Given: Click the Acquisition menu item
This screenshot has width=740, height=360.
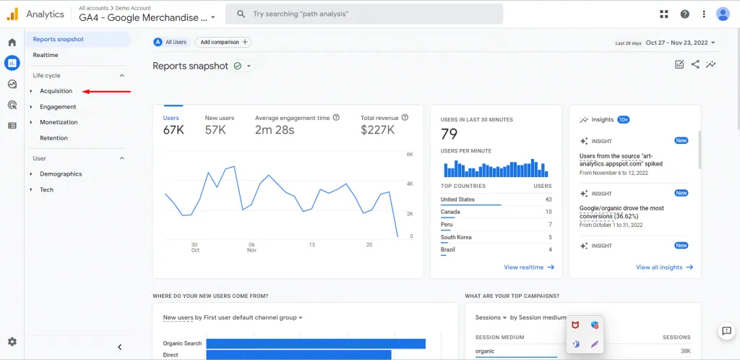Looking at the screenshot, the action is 56,91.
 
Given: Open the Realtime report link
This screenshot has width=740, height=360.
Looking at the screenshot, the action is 46,55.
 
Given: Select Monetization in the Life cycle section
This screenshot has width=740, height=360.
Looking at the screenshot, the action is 59,122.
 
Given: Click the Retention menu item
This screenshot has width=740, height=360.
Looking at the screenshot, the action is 53,138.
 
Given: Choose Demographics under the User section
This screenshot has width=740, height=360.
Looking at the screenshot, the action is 61,174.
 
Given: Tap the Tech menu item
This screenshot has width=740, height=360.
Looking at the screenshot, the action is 47,189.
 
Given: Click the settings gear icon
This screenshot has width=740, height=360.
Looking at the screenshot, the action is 12,342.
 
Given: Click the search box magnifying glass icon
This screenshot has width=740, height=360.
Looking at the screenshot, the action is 241,14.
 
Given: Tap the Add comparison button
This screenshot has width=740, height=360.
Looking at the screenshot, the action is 223,42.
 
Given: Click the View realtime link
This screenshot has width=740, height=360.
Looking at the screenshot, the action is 529,267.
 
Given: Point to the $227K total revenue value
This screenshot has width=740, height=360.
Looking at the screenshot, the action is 377,130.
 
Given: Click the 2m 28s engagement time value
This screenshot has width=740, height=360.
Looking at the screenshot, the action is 275,130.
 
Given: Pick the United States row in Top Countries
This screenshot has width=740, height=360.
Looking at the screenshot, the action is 496,200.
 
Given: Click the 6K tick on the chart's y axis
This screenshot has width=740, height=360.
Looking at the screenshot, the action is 410,155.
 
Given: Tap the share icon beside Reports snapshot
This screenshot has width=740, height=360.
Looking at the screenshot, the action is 695,64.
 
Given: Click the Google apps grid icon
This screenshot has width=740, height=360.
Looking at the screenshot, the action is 664,14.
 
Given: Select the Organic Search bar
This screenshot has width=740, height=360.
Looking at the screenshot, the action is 316,343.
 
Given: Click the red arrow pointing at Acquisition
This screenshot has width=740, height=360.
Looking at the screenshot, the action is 107,91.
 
